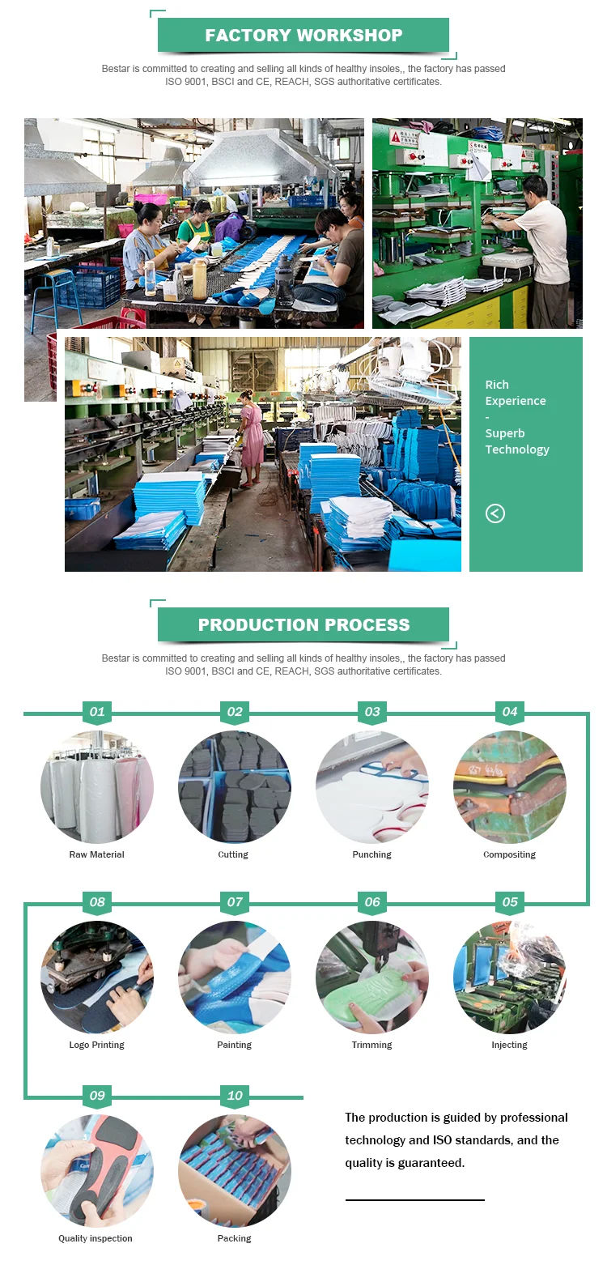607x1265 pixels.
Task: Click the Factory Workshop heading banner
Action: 303,36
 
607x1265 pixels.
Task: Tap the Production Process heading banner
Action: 303,625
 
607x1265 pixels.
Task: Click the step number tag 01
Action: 97,713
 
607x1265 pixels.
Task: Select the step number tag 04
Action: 510,713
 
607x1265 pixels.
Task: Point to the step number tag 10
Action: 235,1097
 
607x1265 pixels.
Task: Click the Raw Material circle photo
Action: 97,787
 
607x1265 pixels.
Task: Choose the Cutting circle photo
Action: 235,787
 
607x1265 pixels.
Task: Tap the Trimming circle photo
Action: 372,977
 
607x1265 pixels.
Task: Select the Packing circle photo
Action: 235,1171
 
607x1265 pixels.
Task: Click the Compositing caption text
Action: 509,855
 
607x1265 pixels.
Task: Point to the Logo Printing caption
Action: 97,1046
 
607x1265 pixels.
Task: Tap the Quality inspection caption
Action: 96,1239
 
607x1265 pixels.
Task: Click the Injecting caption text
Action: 509,1046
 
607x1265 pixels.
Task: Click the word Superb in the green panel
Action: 505,433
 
